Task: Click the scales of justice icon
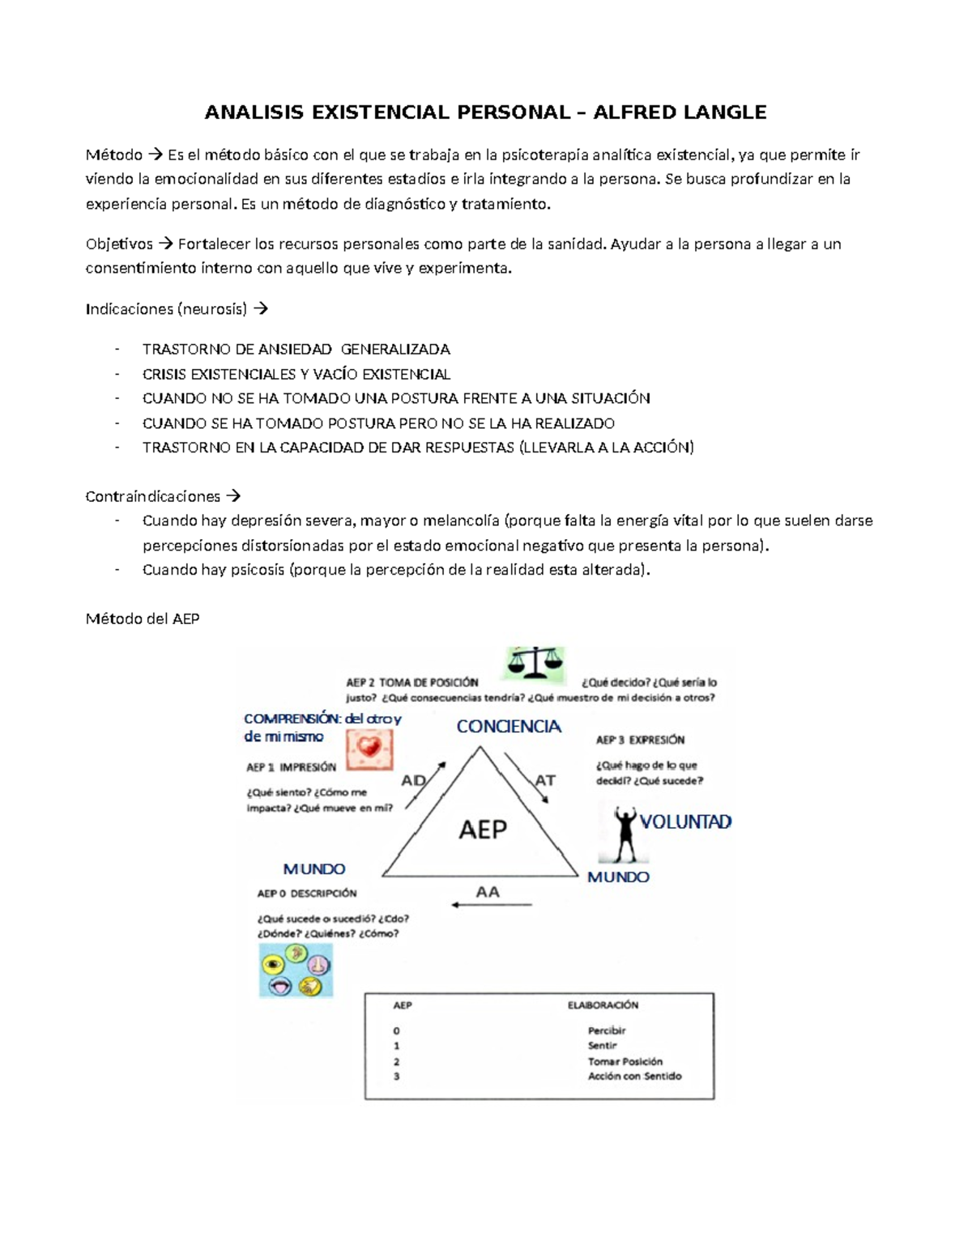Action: (x=535, y=663)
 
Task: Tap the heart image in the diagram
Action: (x=369, y=749)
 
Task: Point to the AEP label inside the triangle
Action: (x=483, y=829)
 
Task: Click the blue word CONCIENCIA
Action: (x=509, y=726)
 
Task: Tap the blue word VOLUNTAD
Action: (x=685, y=822)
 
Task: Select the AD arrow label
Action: (x=414, y=780)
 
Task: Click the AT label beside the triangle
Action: (x=545, y=780)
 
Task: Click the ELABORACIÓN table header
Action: (x=603, y=1005)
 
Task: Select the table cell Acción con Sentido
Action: (x=634, y=1076)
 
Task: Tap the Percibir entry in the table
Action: (x=607, y=1030)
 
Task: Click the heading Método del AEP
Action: (x=143, y=618)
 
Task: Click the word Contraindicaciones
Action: (x=152, y=496)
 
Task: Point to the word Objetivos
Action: (x=119, y=244)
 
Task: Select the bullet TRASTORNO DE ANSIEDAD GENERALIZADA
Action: (x=296, y=349)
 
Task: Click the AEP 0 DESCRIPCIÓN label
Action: (x=306, y=894)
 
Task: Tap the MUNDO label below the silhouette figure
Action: (x=618, y=877)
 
